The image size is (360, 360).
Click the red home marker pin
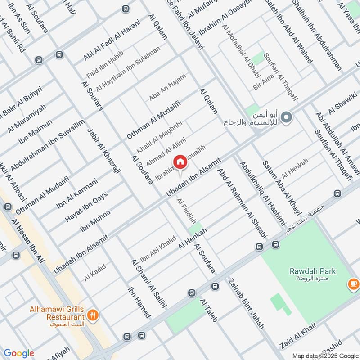tap(180, 162)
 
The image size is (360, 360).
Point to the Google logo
tap(19, 353)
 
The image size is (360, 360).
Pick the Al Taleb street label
tap(209, 310)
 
